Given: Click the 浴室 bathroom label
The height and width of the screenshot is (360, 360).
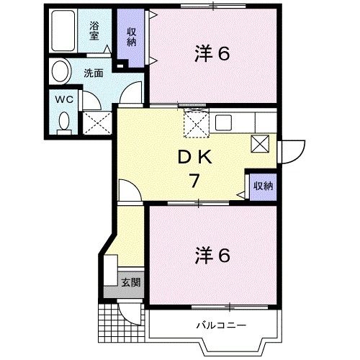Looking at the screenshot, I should click(94, 31).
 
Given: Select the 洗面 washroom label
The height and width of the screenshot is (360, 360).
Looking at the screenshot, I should click(92, 73).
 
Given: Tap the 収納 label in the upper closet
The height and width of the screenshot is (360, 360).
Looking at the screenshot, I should click(132, 36).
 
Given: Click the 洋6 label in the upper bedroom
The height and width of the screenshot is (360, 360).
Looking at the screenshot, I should click(212, 54).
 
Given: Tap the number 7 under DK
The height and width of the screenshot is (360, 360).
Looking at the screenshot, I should click(194, 180).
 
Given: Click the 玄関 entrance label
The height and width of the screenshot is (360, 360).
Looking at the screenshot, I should click(130, 282).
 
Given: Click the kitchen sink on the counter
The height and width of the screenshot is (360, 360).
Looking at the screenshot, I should click(222, 122).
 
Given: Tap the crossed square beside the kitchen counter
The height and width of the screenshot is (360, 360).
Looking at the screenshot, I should click(260, 143).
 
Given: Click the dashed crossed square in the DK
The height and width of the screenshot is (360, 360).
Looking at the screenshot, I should click(196, 124).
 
